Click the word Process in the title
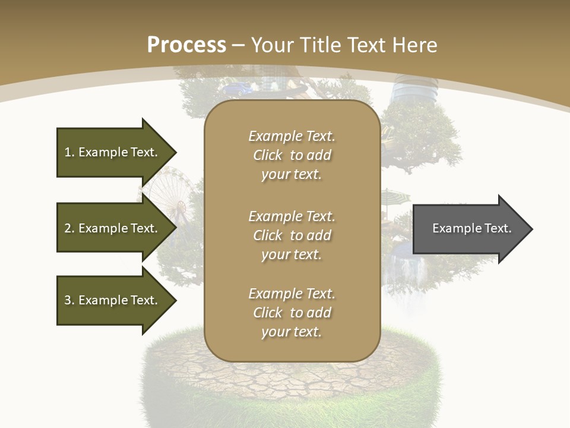tap(186, 45)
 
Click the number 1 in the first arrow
tap(68, 152)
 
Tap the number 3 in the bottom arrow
tap(68, 300)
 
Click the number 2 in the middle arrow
tap(68, 228)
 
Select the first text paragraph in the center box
tap(292, 155)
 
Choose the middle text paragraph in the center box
tap(292, 235)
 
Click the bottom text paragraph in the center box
tap(292, 313)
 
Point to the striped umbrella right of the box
tap(395, 196)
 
